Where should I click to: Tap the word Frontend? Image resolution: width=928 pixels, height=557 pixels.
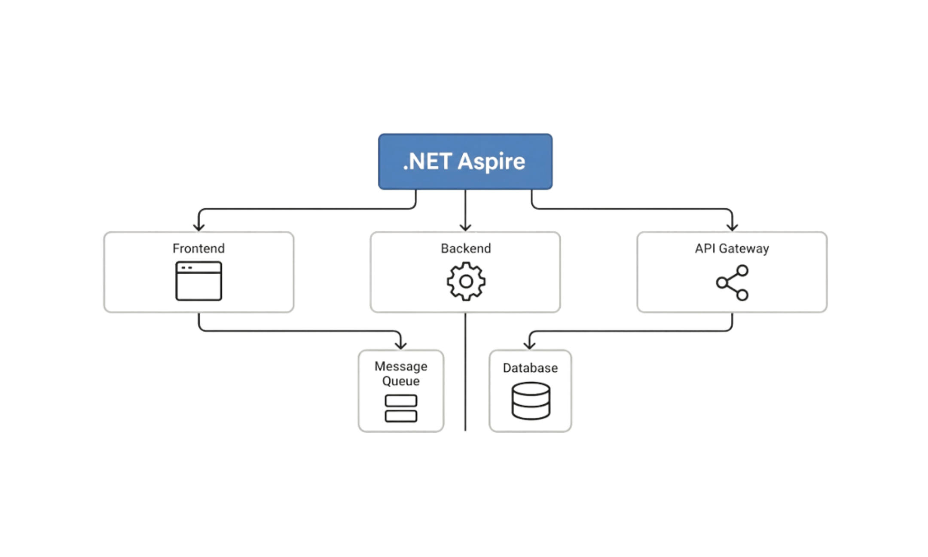(198, 248)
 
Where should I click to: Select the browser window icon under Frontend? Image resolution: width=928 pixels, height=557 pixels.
(198, 281)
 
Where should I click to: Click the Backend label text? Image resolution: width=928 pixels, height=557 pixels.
(466, 248)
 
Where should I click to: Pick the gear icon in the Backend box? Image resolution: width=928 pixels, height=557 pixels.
(466, 282)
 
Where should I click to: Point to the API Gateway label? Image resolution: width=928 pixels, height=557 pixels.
(732, 248)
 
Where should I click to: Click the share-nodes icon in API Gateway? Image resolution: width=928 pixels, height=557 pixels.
(732, 282)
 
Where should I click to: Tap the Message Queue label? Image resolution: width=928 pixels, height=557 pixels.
(401, 373)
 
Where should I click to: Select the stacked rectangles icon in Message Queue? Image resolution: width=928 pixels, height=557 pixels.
(401, 408)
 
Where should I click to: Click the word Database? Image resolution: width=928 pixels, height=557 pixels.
(530, 368)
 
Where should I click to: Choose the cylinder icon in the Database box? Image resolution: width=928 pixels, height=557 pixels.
(531, 401)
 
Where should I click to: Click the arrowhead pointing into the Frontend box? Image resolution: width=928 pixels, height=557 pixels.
(198, 226)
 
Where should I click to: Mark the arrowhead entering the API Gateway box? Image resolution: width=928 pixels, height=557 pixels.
(732, 226)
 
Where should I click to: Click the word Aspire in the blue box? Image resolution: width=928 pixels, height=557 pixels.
(491, 162)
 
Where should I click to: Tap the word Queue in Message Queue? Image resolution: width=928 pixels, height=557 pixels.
(401, 381)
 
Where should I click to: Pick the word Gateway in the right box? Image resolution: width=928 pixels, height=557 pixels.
(744, 248)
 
